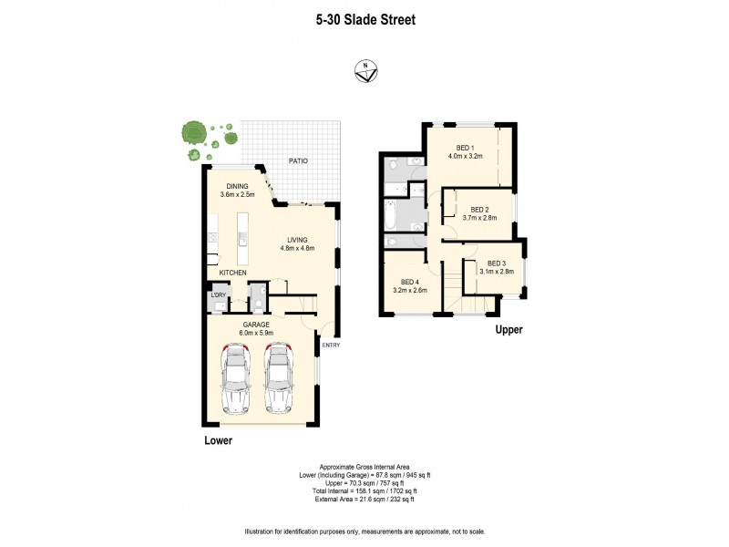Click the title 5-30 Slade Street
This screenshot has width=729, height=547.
point(364,16)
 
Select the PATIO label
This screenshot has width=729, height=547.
point(298,161)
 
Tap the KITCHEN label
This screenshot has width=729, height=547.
point(234,273)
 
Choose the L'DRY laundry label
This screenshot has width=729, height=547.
point(219,296)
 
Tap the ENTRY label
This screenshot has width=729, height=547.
point(331,345)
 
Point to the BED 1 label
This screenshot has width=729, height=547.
point(465,148)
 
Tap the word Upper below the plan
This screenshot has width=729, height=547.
point(508,330)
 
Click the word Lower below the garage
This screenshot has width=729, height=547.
point(218,440)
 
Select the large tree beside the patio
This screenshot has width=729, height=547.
point(192,134)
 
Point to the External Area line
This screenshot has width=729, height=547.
point(364,500)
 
